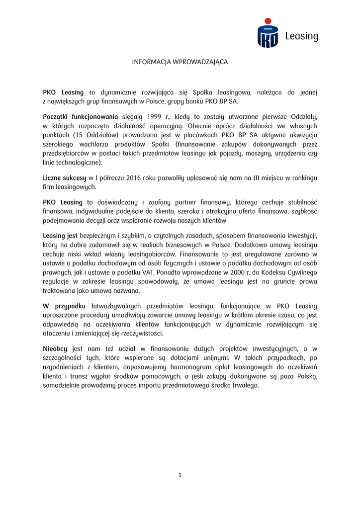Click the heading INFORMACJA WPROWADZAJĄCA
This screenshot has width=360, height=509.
[x=180, y=62]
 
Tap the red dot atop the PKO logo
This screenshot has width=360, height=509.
[x=268, y=21]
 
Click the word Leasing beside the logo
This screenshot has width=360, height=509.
[x=301, y=36]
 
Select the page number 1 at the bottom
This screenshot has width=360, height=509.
[x=180, y=475]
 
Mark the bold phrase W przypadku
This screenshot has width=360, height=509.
[x=64, y=306]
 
